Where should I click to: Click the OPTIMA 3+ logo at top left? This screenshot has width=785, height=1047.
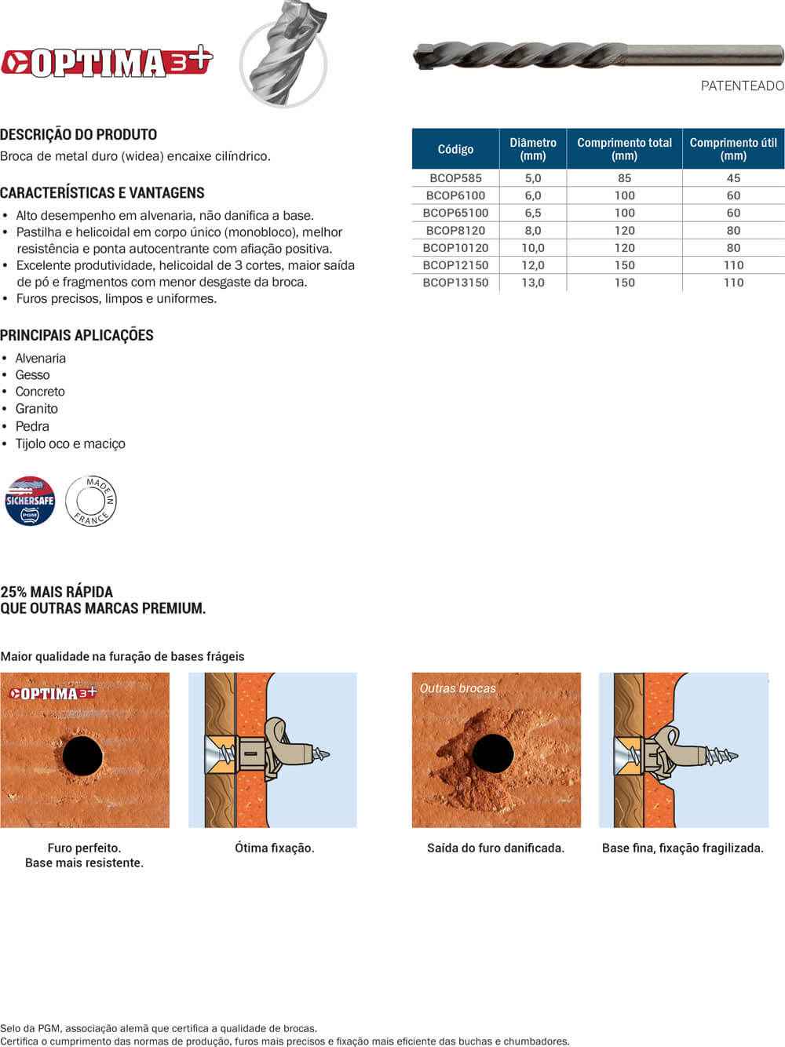(x=107, y=61)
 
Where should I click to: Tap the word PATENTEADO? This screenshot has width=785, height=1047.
(x=742, y=86)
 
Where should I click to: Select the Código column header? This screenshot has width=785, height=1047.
(x=455, y=149)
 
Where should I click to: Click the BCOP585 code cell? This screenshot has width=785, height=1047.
(x=455, y=178)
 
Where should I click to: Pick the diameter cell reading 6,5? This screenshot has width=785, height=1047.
(x=533, y=213)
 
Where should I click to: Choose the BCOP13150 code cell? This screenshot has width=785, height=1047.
(x=455, y=283)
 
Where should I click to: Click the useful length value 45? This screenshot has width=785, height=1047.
(x=733, y=178)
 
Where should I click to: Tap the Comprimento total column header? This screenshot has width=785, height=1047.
(x=624, y=149)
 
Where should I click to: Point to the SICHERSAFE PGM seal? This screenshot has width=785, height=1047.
(x=30, y=501)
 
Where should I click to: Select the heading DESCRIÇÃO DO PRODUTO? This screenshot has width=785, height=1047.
(x=78, y=134)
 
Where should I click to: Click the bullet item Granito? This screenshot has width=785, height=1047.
(x=37, y=409)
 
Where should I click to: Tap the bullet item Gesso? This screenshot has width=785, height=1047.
(x=32, y=375)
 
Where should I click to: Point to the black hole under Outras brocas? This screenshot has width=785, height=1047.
(x=493, y=754)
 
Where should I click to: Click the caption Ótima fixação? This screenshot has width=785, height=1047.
(x=274, y=848)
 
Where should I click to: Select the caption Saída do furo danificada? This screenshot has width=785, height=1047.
(x=495, y=848)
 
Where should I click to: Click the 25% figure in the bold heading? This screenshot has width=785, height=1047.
(x=13, y=592)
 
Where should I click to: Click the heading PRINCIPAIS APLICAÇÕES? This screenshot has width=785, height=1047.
(x=77, y=335)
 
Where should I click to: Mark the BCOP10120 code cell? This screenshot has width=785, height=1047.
(x=455, y=247)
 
